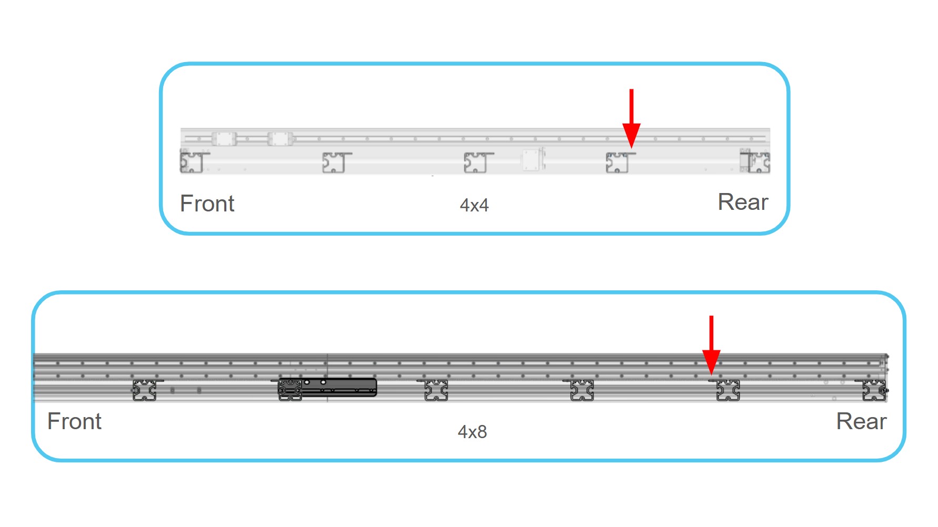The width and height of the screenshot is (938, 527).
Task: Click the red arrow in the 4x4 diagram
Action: [631, 119]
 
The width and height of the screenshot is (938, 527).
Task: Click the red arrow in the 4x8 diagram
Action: [711, 346]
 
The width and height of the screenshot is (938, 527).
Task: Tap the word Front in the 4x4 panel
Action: [207, 204]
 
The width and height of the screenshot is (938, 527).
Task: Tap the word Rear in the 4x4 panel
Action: [743, 202]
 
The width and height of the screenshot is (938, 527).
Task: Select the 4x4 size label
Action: [474, 205]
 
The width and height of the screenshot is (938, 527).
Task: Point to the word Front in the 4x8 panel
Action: [74, 421]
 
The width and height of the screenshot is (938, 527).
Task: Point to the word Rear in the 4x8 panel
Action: [861, 421]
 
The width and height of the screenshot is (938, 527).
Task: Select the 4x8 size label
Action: [472, 432]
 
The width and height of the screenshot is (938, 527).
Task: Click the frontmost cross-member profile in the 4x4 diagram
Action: [194, 161]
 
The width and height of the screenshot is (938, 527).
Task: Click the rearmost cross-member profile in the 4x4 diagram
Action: [756, 161]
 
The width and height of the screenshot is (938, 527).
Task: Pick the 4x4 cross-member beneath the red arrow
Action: [620, 163]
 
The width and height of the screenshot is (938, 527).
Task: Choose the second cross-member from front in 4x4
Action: [336, 163]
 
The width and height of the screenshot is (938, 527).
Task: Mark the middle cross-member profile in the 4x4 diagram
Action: [477, 163]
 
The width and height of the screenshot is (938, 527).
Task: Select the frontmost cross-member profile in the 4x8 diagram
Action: [145, 390]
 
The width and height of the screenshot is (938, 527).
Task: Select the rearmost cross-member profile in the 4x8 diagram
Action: [873, 390]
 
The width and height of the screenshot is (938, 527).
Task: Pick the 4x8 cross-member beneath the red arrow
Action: [727, 390]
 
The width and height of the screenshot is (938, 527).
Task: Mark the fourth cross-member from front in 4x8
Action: [582, 390]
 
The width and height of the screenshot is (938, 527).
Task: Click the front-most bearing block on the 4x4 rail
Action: [224, 139]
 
